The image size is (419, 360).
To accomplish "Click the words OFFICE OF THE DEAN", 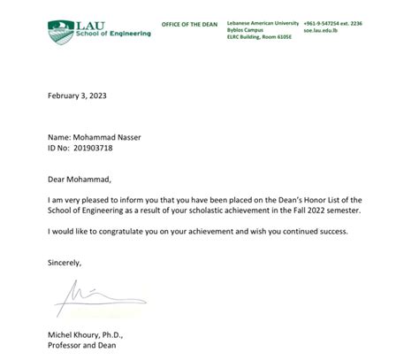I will tap(189, 24).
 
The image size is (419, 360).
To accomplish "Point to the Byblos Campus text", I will tap(248, 30).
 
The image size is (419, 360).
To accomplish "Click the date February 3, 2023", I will tap(77, 95).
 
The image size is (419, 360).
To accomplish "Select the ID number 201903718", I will tap(95, 148).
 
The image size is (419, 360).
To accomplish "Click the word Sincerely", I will tap(65, 263).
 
